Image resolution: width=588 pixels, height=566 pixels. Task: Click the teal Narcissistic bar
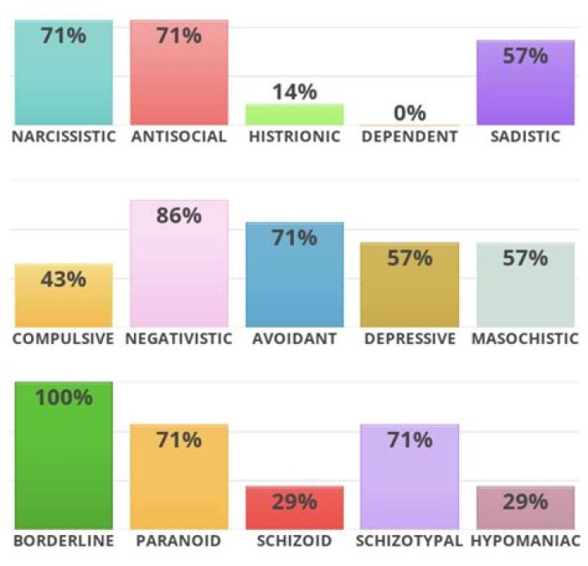click(64, 74)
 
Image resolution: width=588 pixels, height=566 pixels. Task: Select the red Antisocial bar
click(179, 74)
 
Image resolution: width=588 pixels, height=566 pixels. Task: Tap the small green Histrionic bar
click(294, 114)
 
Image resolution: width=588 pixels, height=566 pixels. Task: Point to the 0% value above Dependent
click(410, 113)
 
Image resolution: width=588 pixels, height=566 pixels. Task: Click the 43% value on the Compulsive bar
click(64, 279)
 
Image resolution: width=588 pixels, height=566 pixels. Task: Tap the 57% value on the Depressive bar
click(410, 259)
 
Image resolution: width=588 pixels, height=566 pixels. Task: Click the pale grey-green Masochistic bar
click(525, 286)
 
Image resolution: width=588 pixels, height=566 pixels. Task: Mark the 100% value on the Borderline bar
click(64, 398)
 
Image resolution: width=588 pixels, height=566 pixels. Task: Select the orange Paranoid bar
click(179, 477)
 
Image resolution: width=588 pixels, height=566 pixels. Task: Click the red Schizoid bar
click(294, 508)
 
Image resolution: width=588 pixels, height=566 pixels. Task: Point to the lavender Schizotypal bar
click(410, 477)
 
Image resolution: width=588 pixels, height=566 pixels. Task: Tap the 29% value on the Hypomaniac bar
click(525, 501)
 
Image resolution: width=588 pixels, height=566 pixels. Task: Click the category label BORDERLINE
click(64, 541)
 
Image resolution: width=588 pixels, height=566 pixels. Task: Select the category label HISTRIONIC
click(294, 136)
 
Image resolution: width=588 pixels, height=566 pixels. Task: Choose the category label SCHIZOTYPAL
click(410, 541)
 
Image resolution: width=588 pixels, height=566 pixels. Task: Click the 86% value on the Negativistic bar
click(179, 216)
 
